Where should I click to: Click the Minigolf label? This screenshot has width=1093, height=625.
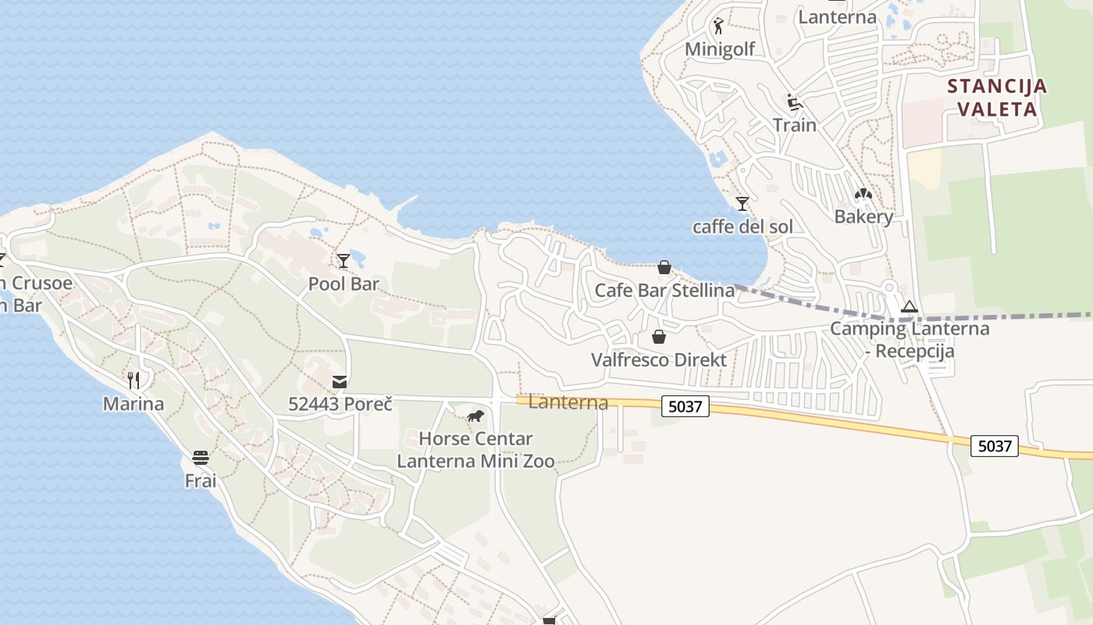720,49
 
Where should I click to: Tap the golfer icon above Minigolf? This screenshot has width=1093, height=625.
718,26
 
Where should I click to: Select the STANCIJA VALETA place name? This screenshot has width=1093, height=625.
997,97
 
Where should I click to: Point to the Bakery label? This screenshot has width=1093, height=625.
863,216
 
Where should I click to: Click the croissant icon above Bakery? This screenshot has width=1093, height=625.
863,194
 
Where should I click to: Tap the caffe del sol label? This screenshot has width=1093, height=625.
742,227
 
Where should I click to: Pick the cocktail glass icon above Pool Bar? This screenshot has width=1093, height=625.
343,261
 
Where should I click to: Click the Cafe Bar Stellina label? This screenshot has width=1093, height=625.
664,291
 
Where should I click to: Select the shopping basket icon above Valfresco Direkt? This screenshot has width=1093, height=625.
659,337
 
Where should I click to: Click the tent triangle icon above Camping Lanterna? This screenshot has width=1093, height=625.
909,306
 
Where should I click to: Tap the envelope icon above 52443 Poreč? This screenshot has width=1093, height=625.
340,382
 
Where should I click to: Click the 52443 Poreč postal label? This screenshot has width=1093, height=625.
340,404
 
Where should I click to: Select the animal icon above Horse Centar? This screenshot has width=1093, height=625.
475,416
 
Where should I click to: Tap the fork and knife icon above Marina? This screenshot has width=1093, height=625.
134,380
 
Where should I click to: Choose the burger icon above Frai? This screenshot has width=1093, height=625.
201,458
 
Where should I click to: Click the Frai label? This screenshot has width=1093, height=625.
201,480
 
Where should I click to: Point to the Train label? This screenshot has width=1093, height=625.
795,125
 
